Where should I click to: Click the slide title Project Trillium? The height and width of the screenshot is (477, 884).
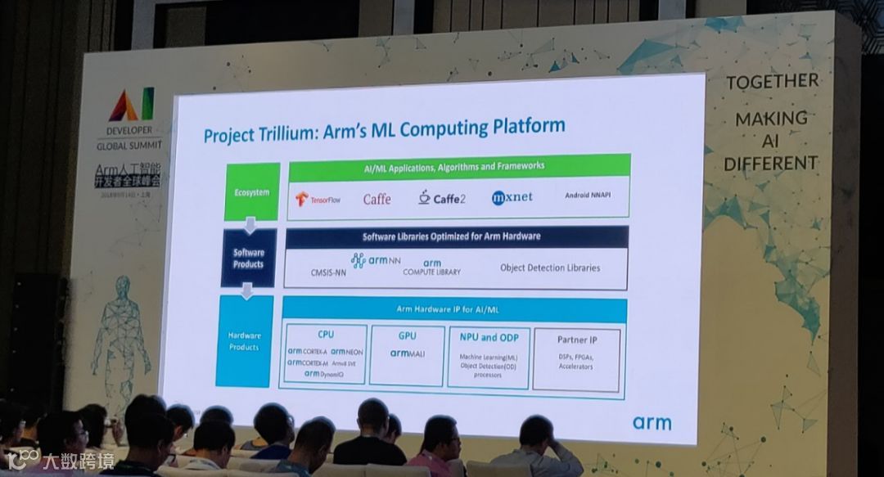click(384, 130)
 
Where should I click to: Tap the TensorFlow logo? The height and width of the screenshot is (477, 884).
click(318, 199)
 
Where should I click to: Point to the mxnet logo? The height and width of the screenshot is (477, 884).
click(512, 197)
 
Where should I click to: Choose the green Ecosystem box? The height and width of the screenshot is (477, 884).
click(252, 192)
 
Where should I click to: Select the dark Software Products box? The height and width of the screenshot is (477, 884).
click(249, 259)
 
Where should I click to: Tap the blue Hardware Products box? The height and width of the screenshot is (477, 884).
click(245, 341)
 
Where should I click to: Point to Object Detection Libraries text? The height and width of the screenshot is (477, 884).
click(550, 268)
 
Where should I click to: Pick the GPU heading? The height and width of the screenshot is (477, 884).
click(407, 335)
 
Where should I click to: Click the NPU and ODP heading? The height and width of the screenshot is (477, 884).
click(489, 337)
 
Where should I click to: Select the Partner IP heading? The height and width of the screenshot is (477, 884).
click(577, 339)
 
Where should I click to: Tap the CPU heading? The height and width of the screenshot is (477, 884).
click(326, 335)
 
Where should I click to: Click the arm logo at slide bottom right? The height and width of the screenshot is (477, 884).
click(652, 422)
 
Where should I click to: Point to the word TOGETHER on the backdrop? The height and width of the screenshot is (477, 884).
click(772, 81)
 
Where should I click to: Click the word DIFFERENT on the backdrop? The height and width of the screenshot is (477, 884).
click(770, 162)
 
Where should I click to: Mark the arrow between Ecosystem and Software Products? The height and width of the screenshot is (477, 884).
click(251, 224)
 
